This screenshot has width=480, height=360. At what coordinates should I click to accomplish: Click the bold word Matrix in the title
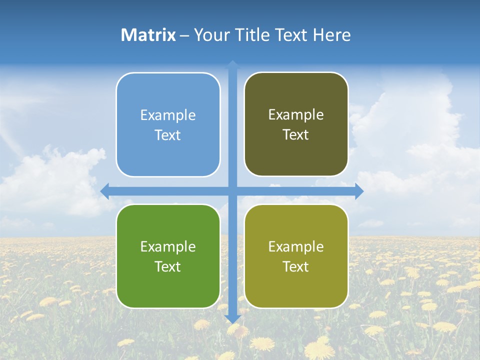[x=148, y=35]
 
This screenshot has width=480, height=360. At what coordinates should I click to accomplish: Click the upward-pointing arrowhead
[x=232, y=64]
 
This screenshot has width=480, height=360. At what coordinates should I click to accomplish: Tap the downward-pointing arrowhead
[x=232, y=318]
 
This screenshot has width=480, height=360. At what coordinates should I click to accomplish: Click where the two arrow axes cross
[x=232, y=191]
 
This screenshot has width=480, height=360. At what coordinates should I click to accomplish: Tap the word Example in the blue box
[x=168, y=115]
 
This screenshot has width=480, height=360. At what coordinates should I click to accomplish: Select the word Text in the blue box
[x=168, y=135]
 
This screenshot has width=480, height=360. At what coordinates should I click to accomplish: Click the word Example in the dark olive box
[x=296, y=115]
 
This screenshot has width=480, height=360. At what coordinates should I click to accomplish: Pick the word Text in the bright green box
[x=168, y=267]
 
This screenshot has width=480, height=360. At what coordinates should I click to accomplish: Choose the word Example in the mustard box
[x=296, y=247]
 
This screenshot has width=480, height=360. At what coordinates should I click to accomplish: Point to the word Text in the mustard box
[x=296, y=267]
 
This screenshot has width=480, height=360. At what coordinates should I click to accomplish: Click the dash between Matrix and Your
[x=184, y=35]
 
